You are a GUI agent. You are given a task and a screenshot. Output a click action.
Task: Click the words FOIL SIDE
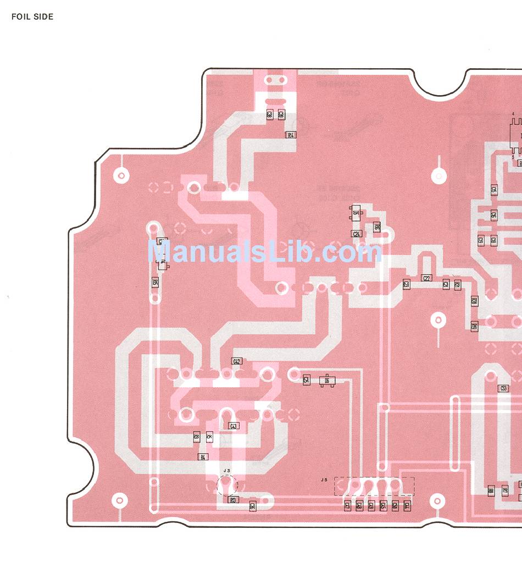32,17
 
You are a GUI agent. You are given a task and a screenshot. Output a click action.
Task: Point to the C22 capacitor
426,278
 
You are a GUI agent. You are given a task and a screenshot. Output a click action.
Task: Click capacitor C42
237,361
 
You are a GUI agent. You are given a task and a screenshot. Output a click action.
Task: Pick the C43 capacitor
233,426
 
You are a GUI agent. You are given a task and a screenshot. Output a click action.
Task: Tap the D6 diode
327,380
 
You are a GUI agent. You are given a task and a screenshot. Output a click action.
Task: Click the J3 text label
227,471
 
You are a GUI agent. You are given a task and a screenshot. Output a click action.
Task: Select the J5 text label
324,480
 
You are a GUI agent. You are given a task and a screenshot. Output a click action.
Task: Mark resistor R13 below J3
233,500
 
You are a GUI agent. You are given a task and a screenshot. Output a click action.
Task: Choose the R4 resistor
203,457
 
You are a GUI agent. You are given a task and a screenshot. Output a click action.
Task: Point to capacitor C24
357,234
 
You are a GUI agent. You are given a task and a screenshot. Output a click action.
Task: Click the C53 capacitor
503,388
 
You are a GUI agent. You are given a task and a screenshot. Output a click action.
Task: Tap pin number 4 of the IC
513,114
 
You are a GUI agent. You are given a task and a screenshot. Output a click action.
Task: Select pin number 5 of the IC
513,157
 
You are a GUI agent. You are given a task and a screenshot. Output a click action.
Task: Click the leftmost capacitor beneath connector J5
347,506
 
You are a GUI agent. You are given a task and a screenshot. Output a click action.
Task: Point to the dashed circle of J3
226,486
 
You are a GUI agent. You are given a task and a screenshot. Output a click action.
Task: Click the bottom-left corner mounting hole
118,500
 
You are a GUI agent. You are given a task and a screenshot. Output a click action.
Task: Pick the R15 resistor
155,283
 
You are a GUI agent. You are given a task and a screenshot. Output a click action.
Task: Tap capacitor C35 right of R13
252,505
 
